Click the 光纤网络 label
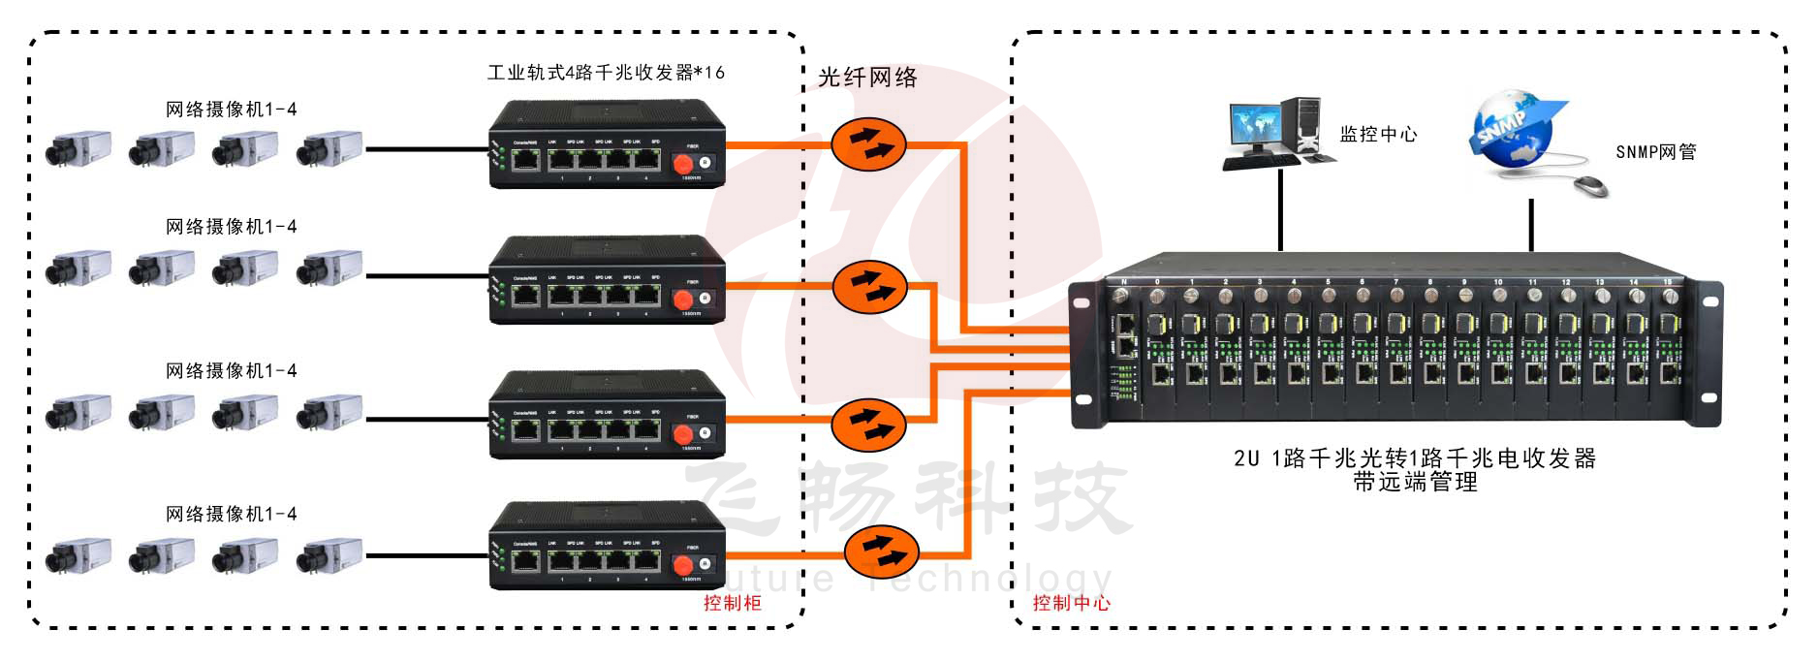click(x=867, y=78)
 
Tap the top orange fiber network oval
click(x=868, y=144)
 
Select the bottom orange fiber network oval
click(x=881, y=552)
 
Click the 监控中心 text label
click(x=1378, y=135)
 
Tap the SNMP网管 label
click(x=1655, y=152)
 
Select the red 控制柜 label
click(x=733, y=603)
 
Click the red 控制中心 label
click(x=1071, y=603)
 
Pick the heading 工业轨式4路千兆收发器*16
click(x=606, y=73)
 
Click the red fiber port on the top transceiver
click(x=683, y=163)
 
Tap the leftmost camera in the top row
click(x=78, y=149)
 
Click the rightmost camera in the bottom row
click(x=329, y=555)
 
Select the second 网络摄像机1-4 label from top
click(x=231, y=227)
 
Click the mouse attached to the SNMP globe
click(x=1590, y=184)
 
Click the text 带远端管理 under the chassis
click(x=1415, y=482)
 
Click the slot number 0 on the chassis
click(x=1157, y=282)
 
